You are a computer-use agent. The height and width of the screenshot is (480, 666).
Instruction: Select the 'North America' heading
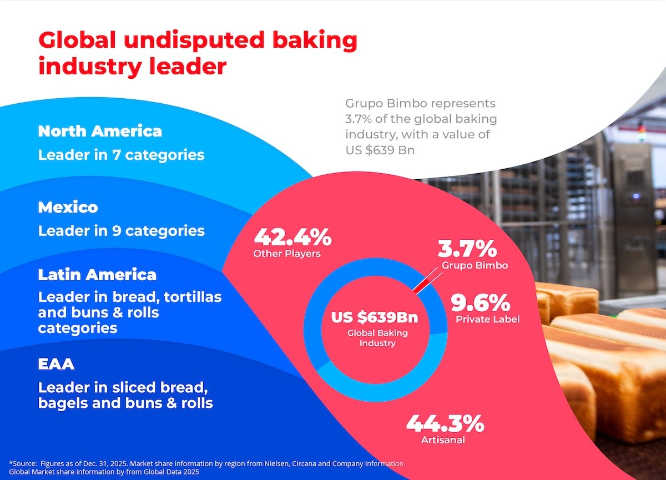click(100, 131)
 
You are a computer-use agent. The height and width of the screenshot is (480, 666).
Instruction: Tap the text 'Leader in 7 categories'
click(121, 155)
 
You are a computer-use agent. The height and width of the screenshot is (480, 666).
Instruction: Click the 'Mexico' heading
click(68, 207)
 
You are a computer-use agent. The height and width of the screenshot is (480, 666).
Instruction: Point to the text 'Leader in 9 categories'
click(121, 230)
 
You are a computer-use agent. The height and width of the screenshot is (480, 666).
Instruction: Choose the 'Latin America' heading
click(97, 275)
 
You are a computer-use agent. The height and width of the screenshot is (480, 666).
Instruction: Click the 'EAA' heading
click(56, 365)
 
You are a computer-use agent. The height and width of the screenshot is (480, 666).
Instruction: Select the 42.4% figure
click(292, 237)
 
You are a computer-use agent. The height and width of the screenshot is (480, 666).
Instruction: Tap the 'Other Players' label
click(287, 254)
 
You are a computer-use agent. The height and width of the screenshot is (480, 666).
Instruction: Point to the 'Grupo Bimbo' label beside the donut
click(475, 265)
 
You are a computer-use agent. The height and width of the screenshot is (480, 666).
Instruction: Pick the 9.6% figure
click(480, 303)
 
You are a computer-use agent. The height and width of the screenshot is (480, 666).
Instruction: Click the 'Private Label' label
click(487, 319)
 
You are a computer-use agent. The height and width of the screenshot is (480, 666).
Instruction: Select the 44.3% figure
click(445, 424)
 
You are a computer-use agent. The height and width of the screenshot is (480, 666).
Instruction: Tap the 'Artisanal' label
click(442, 440)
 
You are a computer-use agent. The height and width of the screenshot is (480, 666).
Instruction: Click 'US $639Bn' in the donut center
click(375, 318)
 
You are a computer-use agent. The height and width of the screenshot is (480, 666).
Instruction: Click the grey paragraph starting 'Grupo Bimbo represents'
click(421, 127)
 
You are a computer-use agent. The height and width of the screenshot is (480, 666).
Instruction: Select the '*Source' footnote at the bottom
click(207, 467)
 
